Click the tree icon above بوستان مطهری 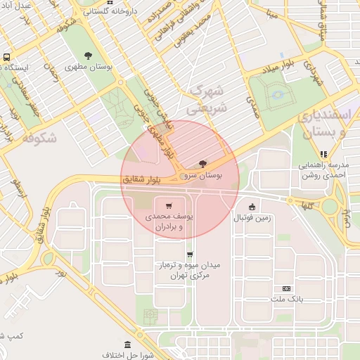click(x=88, y=56)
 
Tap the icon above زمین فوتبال click(x=252, y=206)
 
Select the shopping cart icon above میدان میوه click(x=189, y=255)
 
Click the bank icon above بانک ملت click(x=286, y=288)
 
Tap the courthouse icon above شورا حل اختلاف click(x=127, y=345)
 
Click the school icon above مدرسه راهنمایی click(x=323, y=154)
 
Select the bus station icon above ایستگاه click(x=7, y=57)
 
